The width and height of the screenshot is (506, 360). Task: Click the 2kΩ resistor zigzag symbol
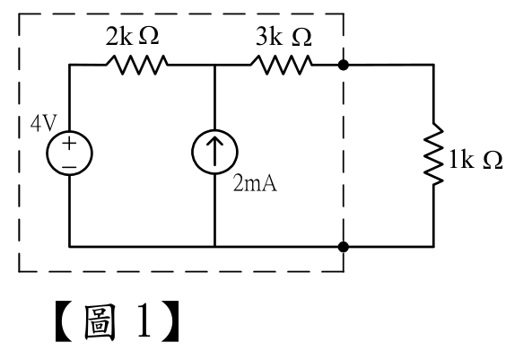[x=137, y=65]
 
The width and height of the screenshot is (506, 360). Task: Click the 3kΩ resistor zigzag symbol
[x=282, y=65]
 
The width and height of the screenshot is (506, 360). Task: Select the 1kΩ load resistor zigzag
[x=433, y=154]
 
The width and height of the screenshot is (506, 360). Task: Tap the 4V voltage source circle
[x=70, y=153]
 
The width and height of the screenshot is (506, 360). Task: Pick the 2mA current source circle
[x=214, y=152]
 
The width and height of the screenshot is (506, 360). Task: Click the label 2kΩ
[x=132, y=36]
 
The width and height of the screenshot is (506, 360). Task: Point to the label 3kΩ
[x=284, y=37]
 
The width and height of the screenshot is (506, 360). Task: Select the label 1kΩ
[x=476, y=160]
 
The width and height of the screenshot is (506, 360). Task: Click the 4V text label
[x=44, y=123]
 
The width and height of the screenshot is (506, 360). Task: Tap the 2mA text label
[x=255, y=183]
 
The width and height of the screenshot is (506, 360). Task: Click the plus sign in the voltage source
[x=69, y=143]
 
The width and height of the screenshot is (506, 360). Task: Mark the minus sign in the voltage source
[x=69, y=167]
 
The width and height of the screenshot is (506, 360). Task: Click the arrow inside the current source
[x=214, y=151]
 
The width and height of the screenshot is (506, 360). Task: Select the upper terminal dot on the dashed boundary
[x=344, y=65]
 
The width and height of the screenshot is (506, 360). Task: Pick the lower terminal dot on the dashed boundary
[x=344, y=247]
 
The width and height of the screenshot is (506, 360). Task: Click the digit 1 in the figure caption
[x=144, y=321]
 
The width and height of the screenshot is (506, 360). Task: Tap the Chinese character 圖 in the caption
[x=100, y=322]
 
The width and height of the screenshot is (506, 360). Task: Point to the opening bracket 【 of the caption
[x=63, y=321]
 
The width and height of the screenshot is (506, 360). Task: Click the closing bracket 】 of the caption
[x=170, y=321]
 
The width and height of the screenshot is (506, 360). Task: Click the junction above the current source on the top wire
[x=214, y=65]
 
